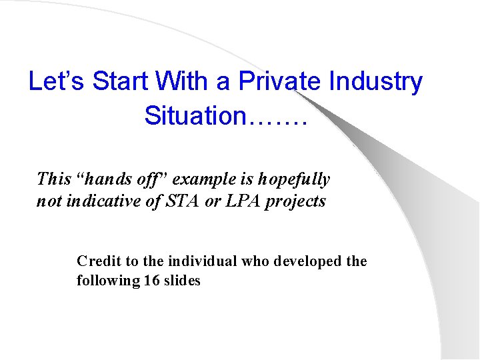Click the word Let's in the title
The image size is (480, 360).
(x=57, y=82)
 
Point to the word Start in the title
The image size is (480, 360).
(x=120, y=82)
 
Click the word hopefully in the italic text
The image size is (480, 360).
(x=294, y=179)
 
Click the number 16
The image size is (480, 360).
(x=151, y=281)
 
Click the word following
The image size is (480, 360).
(x=107, y=281)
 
